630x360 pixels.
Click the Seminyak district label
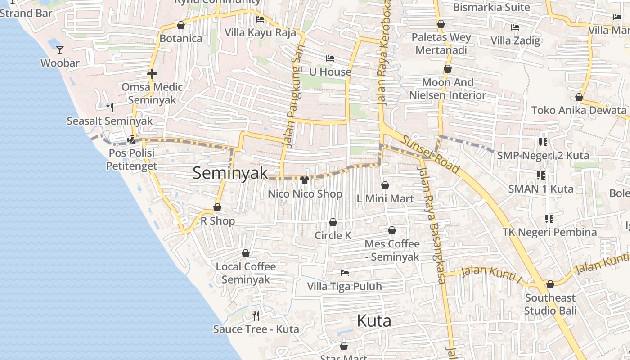click(x=230, y=173)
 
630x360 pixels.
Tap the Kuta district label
click(x=373, y=321)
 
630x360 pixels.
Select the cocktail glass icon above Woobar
click(x=60, y=49)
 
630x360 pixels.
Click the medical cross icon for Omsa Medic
click(x=152, y=74)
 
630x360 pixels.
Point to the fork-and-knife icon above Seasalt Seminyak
click(x=110, y=107)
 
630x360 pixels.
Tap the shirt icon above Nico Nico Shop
click(x=305, y=180)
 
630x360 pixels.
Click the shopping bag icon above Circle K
click(x=333, y=222)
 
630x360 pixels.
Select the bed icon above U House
click(x=330, y=58)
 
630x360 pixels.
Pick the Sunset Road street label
click(x=431, y=154)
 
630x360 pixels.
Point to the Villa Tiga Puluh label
click(x=344, y=286)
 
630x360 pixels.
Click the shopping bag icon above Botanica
click(x=181, y=25)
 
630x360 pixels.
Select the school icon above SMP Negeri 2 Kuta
click(x=543, y=142)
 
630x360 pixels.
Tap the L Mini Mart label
click(x=385, y=198)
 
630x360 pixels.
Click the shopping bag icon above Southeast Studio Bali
click(x=550, y=284)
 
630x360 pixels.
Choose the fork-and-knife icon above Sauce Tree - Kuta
click(x=256, y=315)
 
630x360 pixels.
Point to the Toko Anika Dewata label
click(x=579, y=110)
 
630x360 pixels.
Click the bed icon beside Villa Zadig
click(x=515, y=27)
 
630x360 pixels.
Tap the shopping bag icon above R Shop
click(x=217, y=207)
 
